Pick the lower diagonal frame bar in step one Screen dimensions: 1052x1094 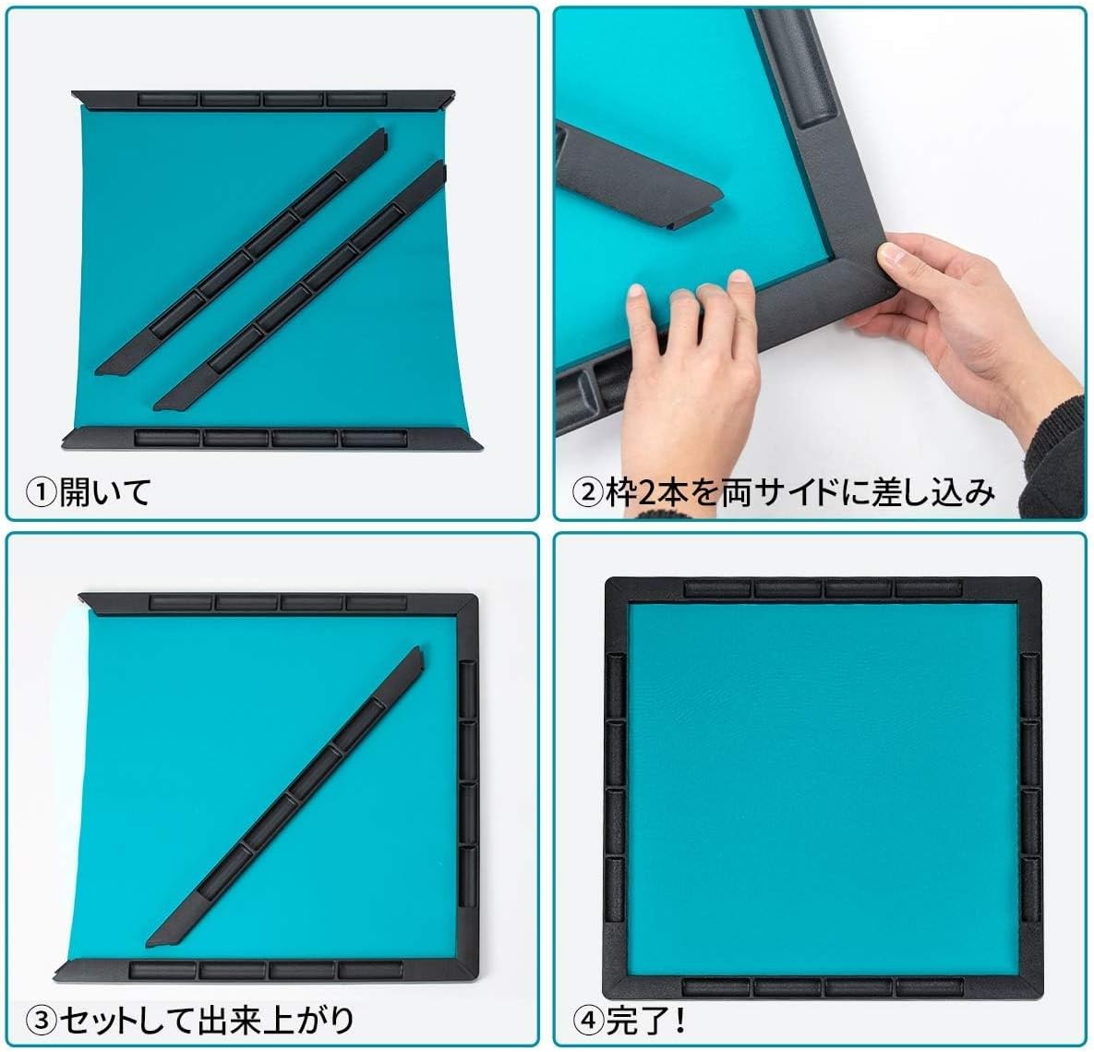[300, 285]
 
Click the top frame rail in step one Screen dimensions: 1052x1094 [263, 99]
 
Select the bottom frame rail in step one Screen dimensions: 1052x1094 [272, 438]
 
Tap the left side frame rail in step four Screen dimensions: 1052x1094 [615, 785]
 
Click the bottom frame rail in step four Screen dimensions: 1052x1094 [822, 986]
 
